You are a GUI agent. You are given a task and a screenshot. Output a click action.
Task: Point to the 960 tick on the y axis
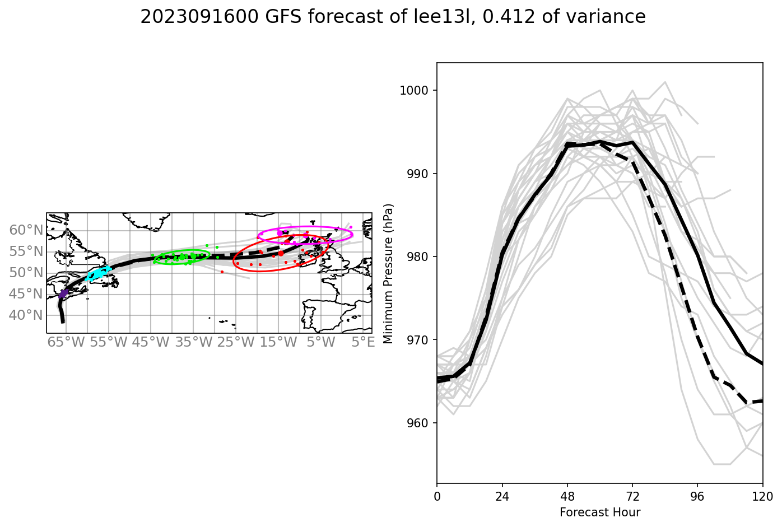[x=418, y=423]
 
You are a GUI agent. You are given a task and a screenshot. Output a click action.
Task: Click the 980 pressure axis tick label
[x=418, y=257]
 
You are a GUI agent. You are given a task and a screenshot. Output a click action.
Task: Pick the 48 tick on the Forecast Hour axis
[x=567, y=496]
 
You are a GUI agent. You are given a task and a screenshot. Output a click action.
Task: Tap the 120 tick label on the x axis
[x=762, y=496]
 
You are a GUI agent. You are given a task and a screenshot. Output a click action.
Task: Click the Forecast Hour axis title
[x=599, y=512]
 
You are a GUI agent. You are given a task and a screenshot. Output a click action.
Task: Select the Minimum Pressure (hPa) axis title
[x=388, y=273]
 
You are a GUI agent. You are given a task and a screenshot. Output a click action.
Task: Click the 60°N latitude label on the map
[x=26, y=230]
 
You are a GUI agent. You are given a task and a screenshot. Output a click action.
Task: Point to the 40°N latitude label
[x=26, y=315]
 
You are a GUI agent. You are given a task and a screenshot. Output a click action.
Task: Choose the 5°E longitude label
[x=362, y=342]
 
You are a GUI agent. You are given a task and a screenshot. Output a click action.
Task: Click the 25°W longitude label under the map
[x=236, y=342]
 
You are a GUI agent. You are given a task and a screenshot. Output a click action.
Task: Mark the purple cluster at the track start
[x=63, y=294]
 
